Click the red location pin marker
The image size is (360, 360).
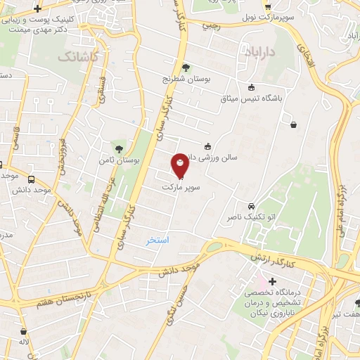point(180,165)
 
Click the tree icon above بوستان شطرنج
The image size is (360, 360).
point(186,68)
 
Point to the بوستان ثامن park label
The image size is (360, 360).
point(128,161)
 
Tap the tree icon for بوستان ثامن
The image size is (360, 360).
point(120,148)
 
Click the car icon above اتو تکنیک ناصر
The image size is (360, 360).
point(251,207)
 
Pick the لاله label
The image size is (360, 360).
point(24,342)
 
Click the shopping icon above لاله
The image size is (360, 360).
point(23,331)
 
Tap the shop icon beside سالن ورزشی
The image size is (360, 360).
point(207,146)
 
